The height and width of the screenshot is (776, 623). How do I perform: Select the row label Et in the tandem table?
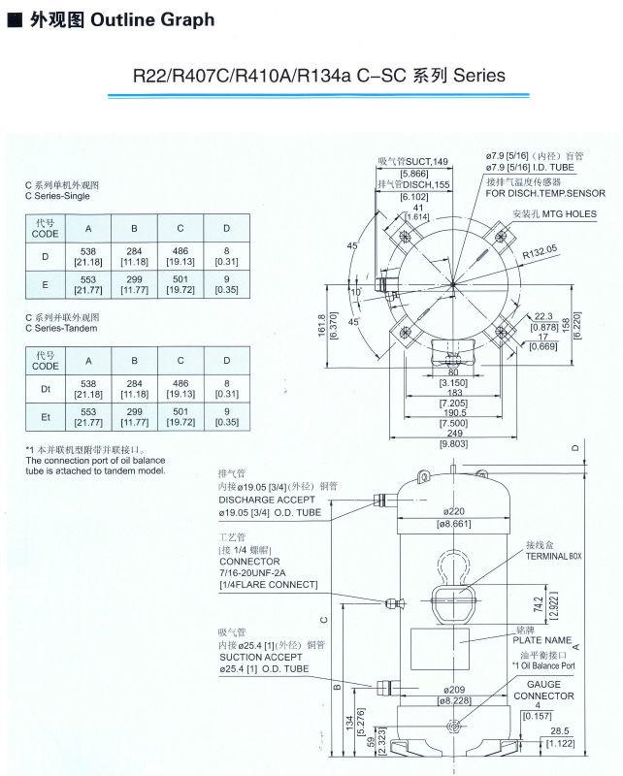coord(45,416)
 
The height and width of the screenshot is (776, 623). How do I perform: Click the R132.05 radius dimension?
coord(540,250)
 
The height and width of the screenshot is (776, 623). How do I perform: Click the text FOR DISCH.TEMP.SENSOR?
coord(545,193)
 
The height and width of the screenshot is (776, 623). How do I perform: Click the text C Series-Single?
coord(57,195)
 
